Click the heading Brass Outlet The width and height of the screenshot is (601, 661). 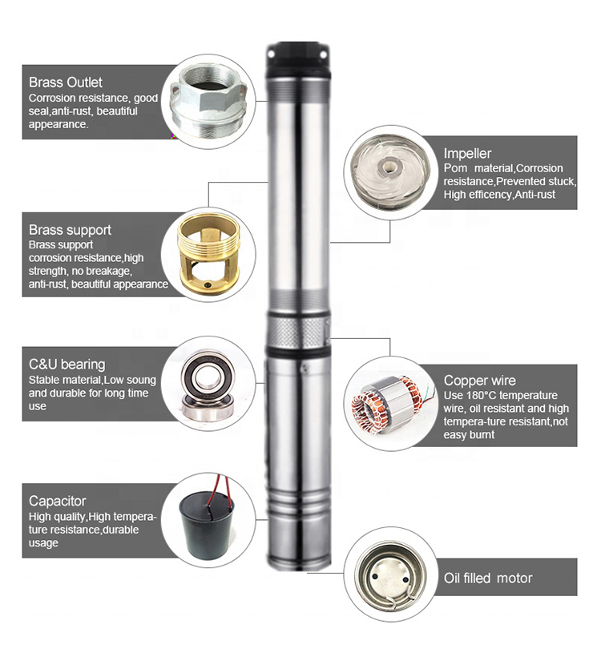(x=66, y=83)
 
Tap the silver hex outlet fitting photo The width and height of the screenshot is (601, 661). (x=210, y=102)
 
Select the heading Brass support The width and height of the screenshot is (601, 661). (x=70, y=230)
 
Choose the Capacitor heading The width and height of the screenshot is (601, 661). (x=57, y=502)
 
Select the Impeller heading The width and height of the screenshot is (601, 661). (x=468, y=153)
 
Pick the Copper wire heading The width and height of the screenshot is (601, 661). (x=480, y=381)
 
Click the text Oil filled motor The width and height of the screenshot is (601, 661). (x=488, y=578)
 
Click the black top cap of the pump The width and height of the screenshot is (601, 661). (x=299, y=57)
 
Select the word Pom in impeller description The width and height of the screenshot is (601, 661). (x=455, y=168)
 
